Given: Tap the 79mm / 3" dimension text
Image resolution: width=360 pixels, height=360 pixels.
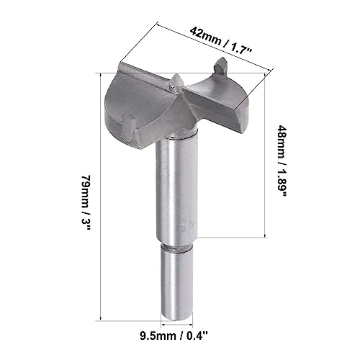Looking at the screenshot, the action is click(x=86, y=203).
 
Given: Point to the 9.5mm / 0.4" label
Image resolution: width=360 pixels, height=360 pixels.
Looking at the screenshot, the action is click(x=174, y=336).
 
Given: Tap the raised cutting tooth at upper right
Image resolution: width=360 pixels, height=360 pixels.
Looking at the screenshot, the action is click(x=221, y=66).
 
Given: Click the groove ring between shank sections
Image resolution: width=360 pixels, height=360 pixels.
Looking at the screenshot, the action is click(x=176, y=248).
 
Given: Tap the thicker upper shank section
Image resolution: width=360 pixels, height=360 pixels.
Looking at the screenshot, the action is click(x=176, y=189).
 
